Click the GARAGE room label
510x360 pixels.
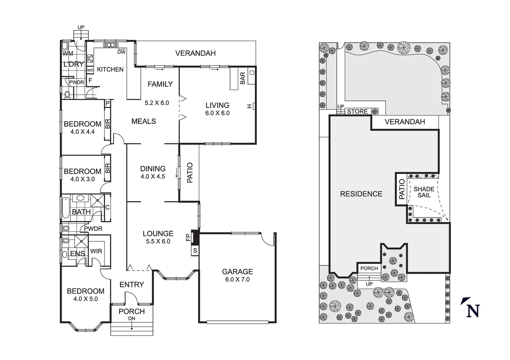tap(237, 272)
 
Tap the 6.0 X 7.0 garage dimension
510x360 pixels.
tap(237, 280)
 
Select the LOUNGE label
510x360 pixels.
tap(158, 234)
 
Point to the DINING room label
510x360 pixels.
tap(153, 169)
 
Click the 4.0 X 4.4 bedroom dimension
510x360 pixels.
tap(82, 132)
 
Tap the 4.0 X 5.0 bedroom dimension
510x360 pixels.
tap(85, 299)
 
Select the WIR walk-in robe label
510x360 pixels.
tap(96, 251)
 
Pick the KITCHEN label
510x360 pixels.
tap(110, 69)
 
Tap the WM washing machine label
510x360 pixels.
tap(68, 53)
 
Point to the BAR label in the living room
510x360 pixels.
tap(242, 78)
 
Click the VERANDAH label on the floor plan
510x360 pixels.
tap(195, 53)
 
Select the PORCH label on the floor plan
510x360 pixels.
tap(132, 311)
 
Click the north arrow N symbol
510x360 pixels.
tap(471, 309)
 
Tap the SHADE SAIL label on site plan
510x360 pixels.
tap(424, 192)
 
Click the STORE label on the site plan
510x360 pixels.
tap(357, 112)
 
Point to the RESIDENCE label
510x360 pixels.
tap(361, 194)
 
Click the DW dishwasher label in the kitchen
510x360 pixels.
tap(121, 52)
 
